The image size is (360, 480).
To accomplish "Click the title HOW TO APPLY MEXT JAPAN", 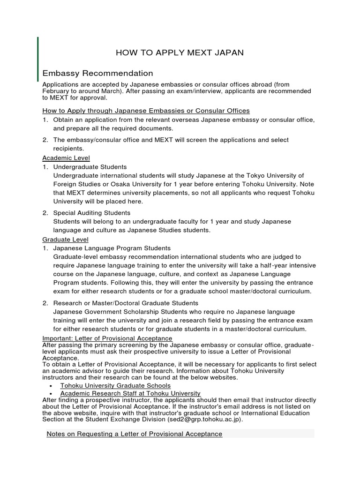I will (180, 52).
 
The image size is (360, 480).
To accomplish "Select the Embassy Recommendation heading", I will (97, 73).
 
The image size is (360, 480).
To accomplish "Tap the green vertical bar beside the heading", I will (38, 59).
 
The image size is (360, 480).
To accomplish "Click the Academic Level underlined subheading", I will (66, 158).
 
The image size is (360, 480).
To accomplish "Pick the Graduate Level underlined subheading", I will (65, 240).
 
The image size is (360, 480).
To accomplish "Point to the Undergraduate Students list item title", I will (90, 167).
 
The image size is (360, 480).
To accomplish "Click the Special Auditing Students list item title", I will (92, 213).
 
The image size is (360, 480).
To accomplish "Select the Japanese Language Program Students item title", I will (112, 248).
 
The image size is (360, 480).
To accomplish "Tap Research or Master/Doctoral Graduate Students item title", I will (126, 303).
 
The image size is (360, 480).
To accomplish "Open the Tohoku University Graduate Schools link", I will (115, 385).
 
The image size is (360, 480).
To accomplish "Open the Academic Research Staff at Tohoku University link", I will (130, 393).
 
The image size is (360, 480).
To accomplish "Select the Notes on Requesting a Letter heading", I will (134, 434).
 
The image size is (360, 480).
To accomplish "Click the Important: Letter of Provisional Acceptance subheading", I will (107, 338).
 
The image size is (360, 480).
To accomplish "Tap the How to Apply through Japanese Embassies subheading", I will (146, 111).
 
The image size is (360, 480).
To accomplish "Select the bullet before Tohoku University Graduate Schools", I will (50, 386).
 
